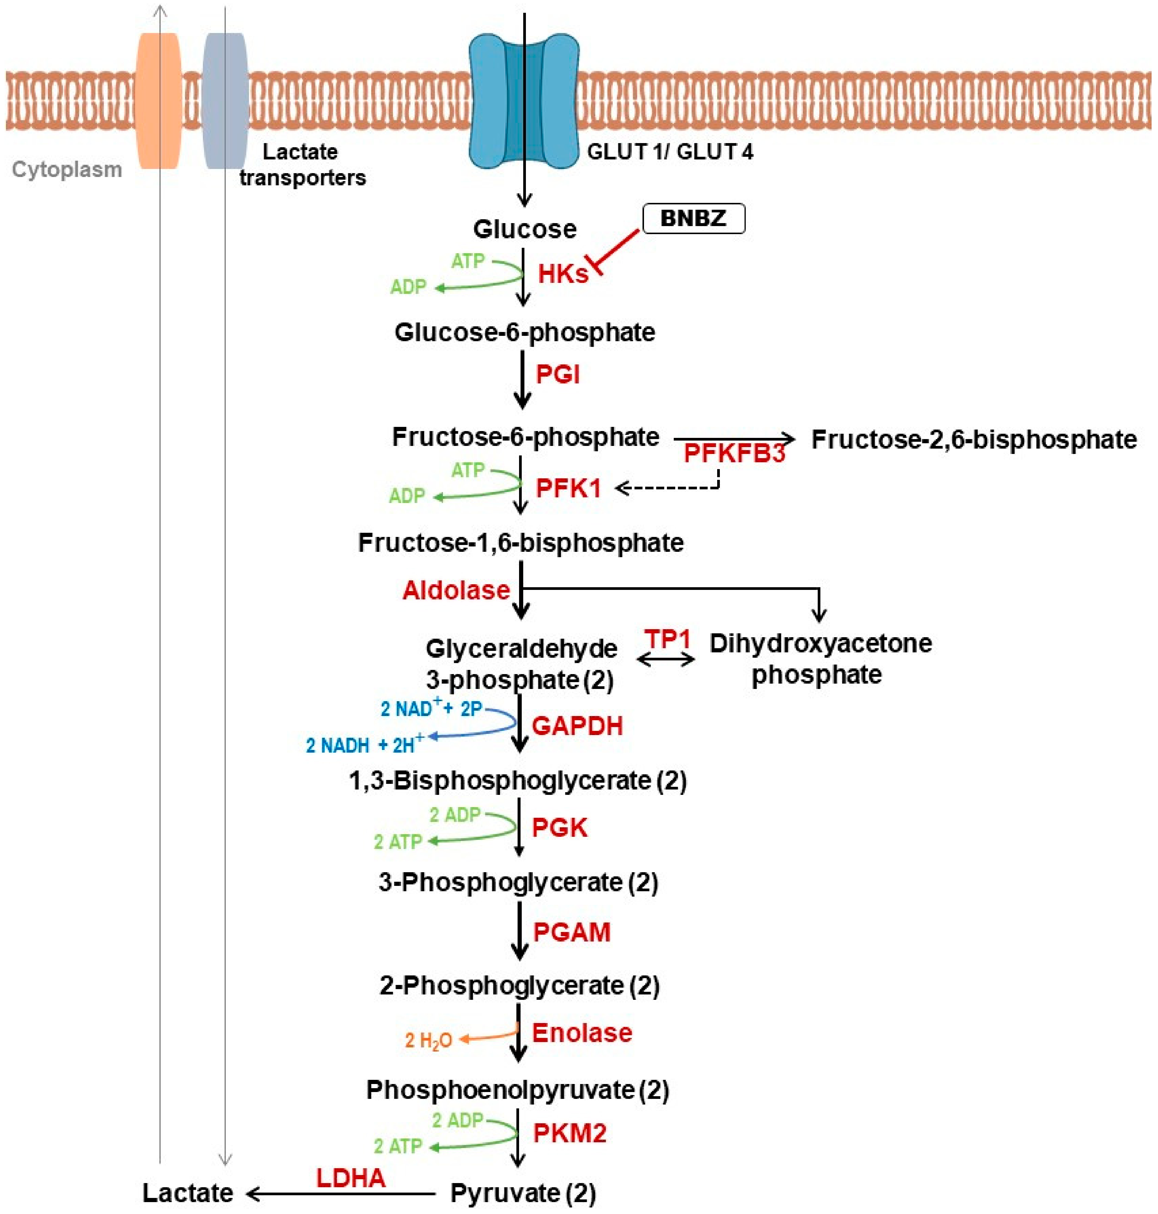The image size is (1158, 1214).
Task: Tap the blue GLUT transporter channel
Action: tap(524, 102)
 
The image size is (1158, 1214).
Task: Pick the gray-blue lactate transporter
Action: tap(225, 101)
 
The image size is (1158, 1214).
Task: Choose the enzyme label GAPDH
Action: tap(576, 726)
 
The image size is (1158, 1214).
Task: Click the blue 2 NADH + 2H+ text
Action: tap(364, 745)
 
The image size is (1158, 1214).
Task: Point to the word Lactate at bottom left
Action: tap(188, 1193)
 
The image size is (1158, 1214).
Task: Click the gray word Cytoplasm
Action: tap(67, 170)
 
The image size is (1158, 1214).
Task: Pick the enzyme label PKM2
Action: tap(569, 1133)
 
